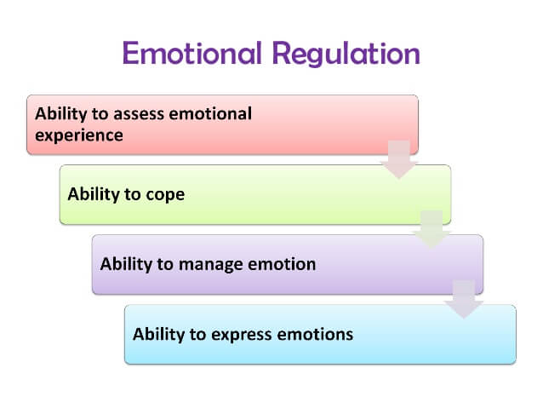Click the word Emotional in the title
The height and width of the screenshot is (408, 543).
coord(192,53)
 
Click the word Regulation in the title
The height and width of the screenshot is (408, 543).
coord(346,54)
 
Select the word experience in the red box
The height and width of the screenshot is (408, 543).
coord(79,136)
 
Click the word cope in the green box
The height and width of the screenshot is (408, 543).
coord(165,195)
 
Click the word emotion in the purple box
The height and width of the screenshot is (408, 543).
coord(282,264)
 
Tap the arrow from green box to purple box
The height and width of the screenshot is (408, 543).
coord(432,229)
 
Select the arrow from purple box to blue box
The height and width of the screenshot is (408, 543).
coord(464,300)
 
